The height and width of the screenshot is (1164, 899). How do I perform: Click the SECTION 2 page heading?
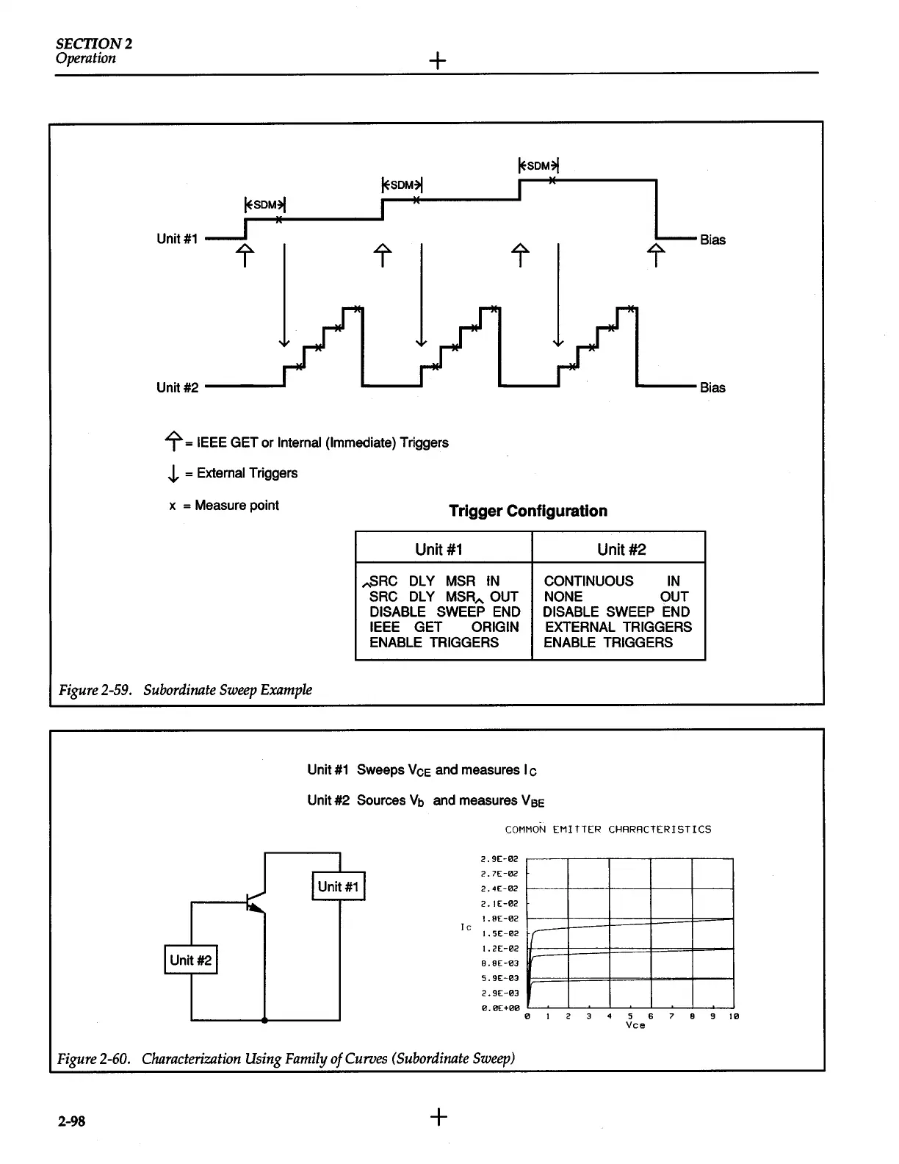(94, 43)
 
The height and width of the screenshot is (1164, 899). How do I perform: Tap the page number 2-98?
(72, 1121)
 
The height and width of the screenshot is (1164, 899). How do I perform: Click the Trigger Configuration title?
(528, 511)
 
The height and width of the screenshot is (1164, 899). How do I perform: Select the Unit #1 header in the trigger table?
(438, 549)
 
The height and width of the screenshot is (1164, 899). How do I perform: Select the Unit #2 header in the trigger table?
(621, 549)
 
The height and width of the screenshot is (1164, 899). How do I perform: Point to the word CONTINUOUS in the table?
(588, 581)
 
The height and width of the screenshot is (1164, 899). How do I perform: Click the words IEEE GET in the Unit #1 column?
(405, 627)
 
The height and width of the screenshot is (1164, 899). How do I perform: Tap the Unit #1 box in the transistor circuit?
(339, 886)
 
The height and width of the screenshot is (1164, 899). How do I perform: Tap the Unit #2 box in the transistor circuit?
(190, 960)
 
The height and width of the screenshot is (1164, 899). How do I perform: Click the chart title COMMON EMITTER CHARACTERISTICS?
(608, 829)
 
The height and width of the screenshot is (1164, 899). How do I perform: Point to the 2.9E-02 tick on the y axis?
(499, 858)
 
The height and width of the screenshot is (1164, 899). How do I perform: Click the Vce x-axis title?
(635, 1025)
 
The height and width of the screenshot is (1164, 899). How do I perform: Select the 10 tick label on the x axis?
(733, 1016)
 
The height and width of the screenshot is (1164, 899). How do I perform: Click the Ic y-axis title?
(466, 927)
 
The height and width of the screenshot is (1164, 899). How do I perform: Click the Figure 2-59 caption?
(185, 689)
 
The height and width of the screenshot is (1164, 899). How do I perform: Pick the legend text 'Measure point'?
(237, 505)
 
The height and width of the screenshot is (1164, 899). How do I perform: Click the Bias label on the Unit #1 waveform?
(712, 240)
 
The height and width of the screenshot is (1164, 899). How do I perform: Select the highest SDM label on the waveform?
(539, 165)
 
